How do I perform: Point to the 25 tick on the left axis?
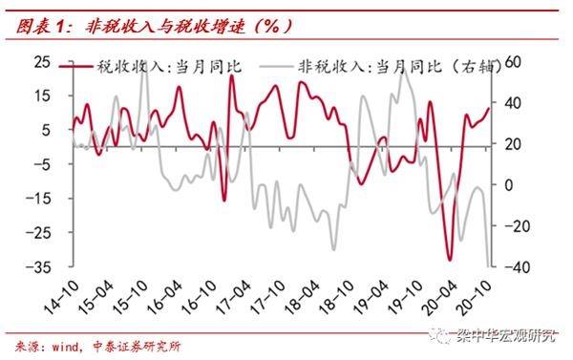pos(42,60)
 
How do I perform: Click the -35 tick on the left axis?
pos(39,267)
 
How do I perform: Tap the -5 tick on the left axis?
pos(42,163)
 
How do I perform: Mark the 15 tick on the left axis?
pos(42,95)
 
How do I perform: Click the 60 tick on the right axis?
pos(513,60)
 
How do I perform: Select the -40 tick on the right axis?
pos(513,267)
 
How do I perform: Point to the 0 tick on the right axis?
pos(508,184)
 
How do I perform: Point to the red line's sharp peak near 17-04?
pos(231,76)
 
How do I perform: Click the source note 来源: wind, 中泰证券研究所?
pos(95,345)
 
